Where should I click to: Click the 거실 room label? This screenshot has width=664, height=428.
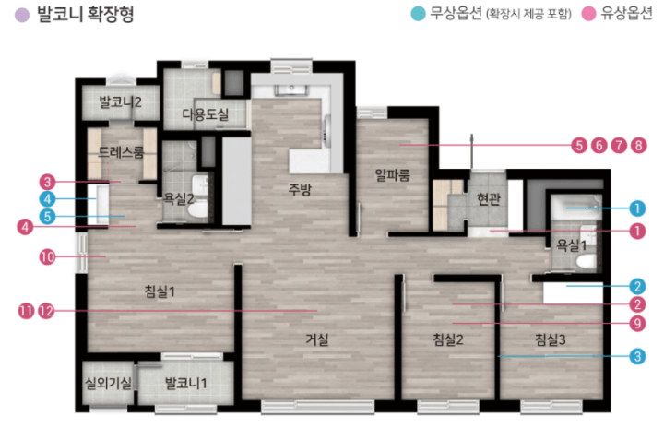click(317, 339)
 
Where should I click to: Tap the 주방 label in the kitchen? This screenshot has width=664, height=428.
click(300, 189)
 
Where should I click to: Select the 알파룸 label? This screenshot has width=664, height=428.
click(392, 174)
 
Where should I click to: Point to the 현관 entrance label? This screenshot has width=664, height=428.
click(489, 198)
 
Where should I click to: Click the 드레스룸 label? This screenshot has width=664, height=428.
click(121, 151)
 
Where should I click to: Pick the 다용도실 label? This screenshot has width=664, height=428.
click(206, 113)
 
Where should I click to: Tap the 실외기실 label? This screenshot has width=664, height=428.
click(109, 383)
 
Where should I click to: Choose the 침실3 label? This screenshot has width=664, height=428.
click(551, 339)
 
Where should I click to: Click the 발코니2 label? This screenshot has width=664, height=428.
click(120, 101)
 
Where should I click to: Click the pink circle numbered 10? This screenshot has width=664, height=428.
click(47, 256)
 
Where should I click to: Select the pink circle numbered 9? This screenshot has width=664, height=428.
click(637, 324)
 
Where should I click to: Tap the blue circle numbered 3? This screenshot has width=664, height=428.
click(637, 356)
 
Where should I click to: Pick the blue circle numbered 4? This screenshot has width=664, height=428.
click(47, 198)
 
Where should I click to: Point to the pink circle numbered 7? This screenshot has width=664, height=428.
click(619, 146)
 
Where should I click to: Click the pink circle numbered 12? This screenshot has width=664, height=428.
click(47, 311)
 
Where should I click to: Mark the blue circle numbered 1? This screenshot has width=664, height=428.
click(637, 208)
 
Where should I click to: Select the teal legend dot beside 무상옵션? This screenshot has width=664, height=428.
click(418, 14)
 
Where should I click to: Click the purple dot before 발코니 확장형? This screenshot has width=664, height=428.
click(22, 15)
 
